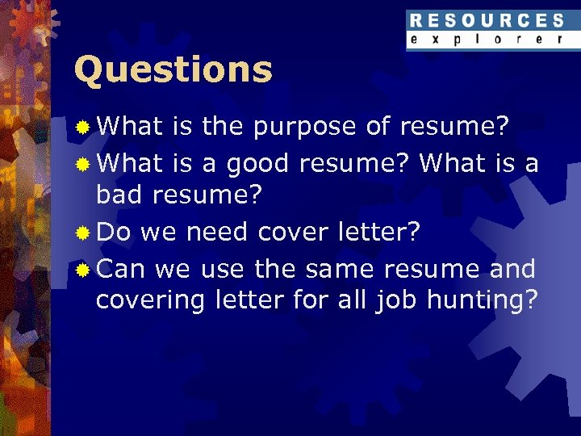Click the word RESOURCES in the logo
[486, 21]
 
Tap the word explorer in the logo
[486, 39]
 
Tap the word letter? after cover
[379, 233]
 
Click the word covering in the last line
[151, 301]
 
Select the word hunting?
[483, 301]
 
